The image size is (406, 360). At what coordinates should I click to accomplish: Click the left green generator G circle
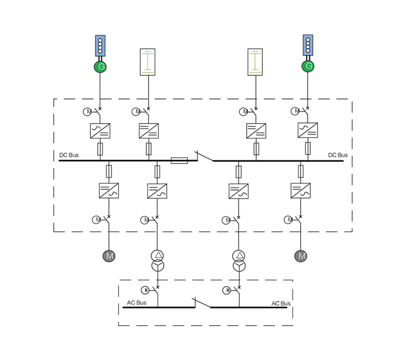[x=99, y=67]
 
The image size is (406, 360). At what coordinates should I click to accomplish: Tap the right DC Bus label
[x=338, y=154]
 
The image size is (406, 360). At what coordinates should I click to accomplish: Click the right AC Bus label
[x=281, y=304]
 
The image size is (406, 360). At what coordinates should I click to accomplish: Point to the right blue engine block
[x=308, y=45]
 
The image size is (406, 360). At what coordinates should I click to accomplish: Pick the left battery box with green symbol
[x=147, y=62]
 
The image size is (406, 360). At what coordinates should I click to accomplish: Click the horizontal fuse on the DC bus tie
[x=179, y=161]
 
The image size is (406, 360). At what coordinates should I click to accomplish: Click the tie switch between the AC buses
[x=201, y=304]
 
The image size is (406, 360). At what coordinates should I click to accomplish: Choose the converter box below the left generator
[x=99, y=131]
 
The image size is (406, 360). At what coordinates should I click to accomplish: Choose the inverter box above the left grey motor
[x=109, y=191]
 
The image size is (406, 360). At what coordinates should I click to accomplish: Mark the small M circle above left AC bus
[x=146, y=290]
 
